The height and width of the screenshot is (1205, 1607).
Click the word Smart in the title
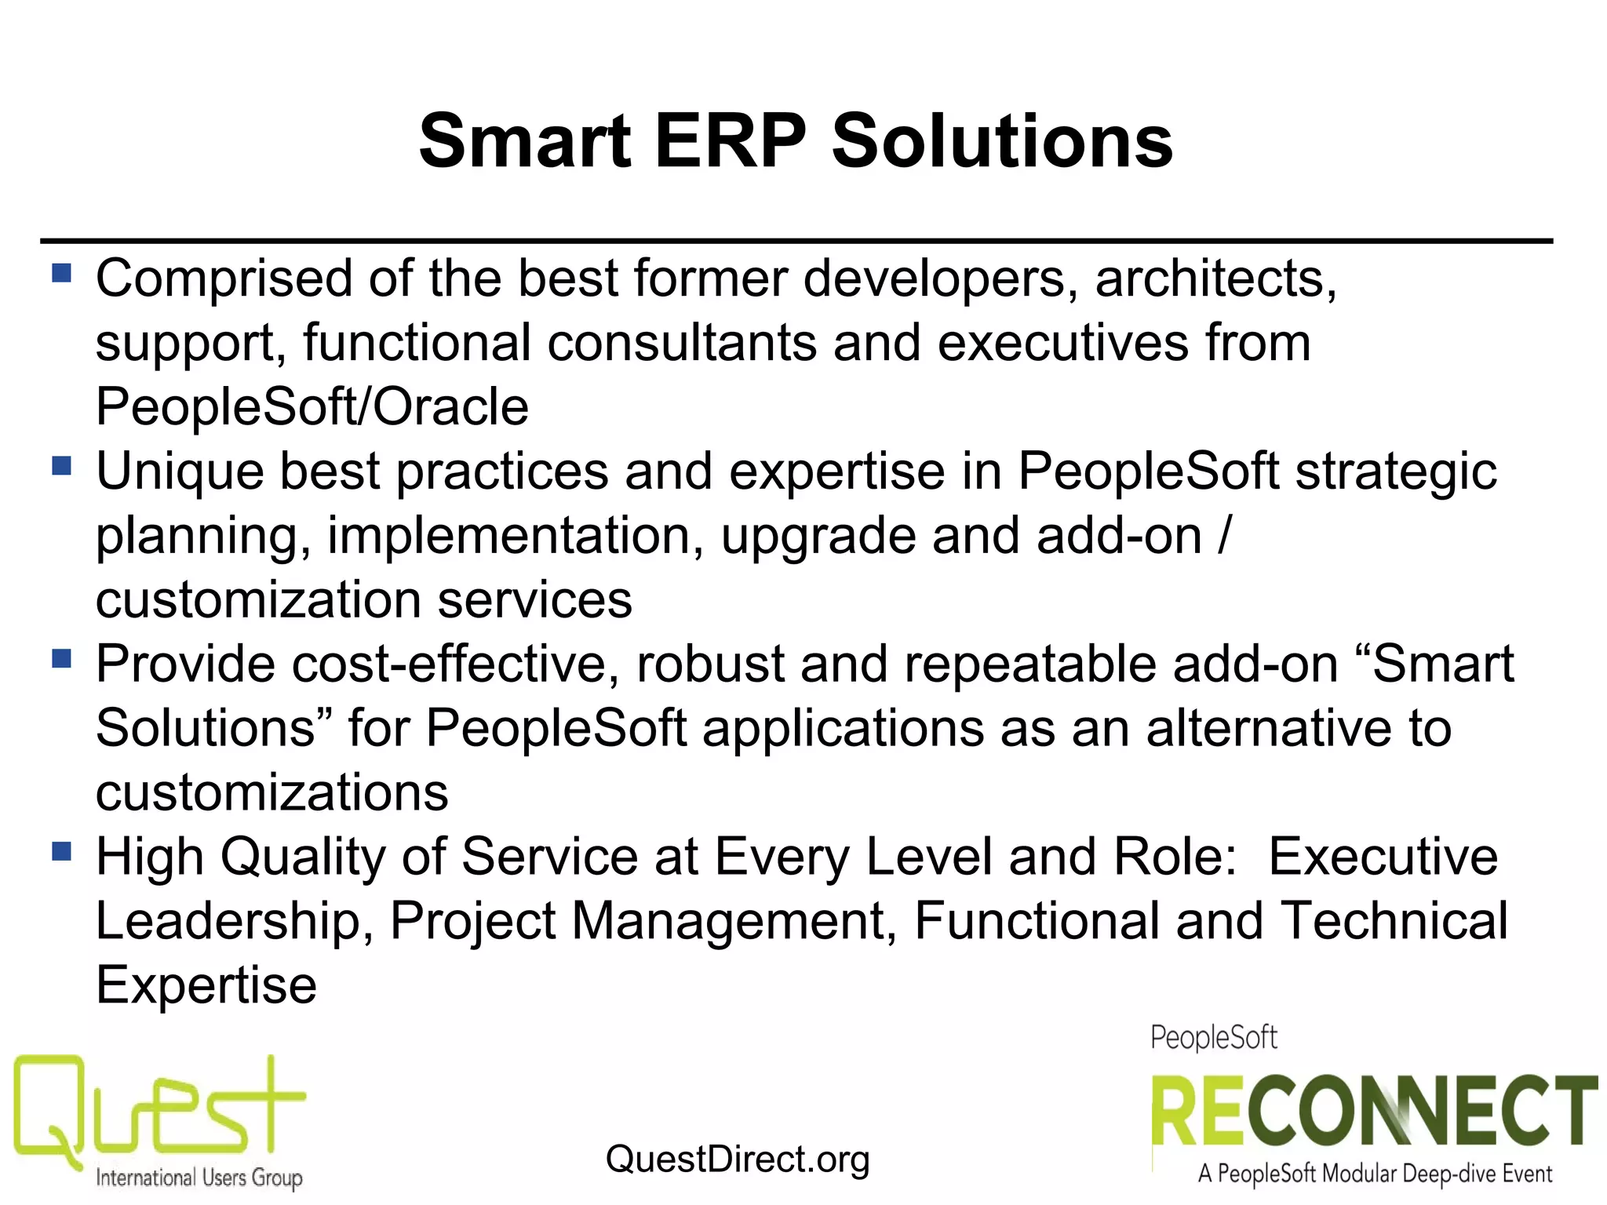[525, 141]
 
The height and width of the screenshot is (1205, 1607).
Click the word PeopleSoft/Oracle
[312, 407]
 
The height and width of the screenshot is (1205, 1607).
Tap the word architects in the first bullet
[1215, 278]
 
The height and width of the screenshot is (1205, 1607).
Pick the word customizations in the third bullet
[271, 792]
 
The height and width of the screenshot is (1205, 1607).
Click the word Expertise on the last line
[206, 985]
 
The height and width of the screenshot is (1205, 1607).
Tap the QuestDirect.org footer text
[738, 1159]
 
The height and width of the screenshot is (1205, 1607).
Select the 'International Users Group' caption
[199, 1178]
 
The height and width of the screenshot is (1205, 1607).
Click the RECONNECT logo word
[1373, 1112]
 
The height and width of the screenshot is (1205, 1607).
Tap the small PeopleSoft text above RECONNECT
[1213, 1038]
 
